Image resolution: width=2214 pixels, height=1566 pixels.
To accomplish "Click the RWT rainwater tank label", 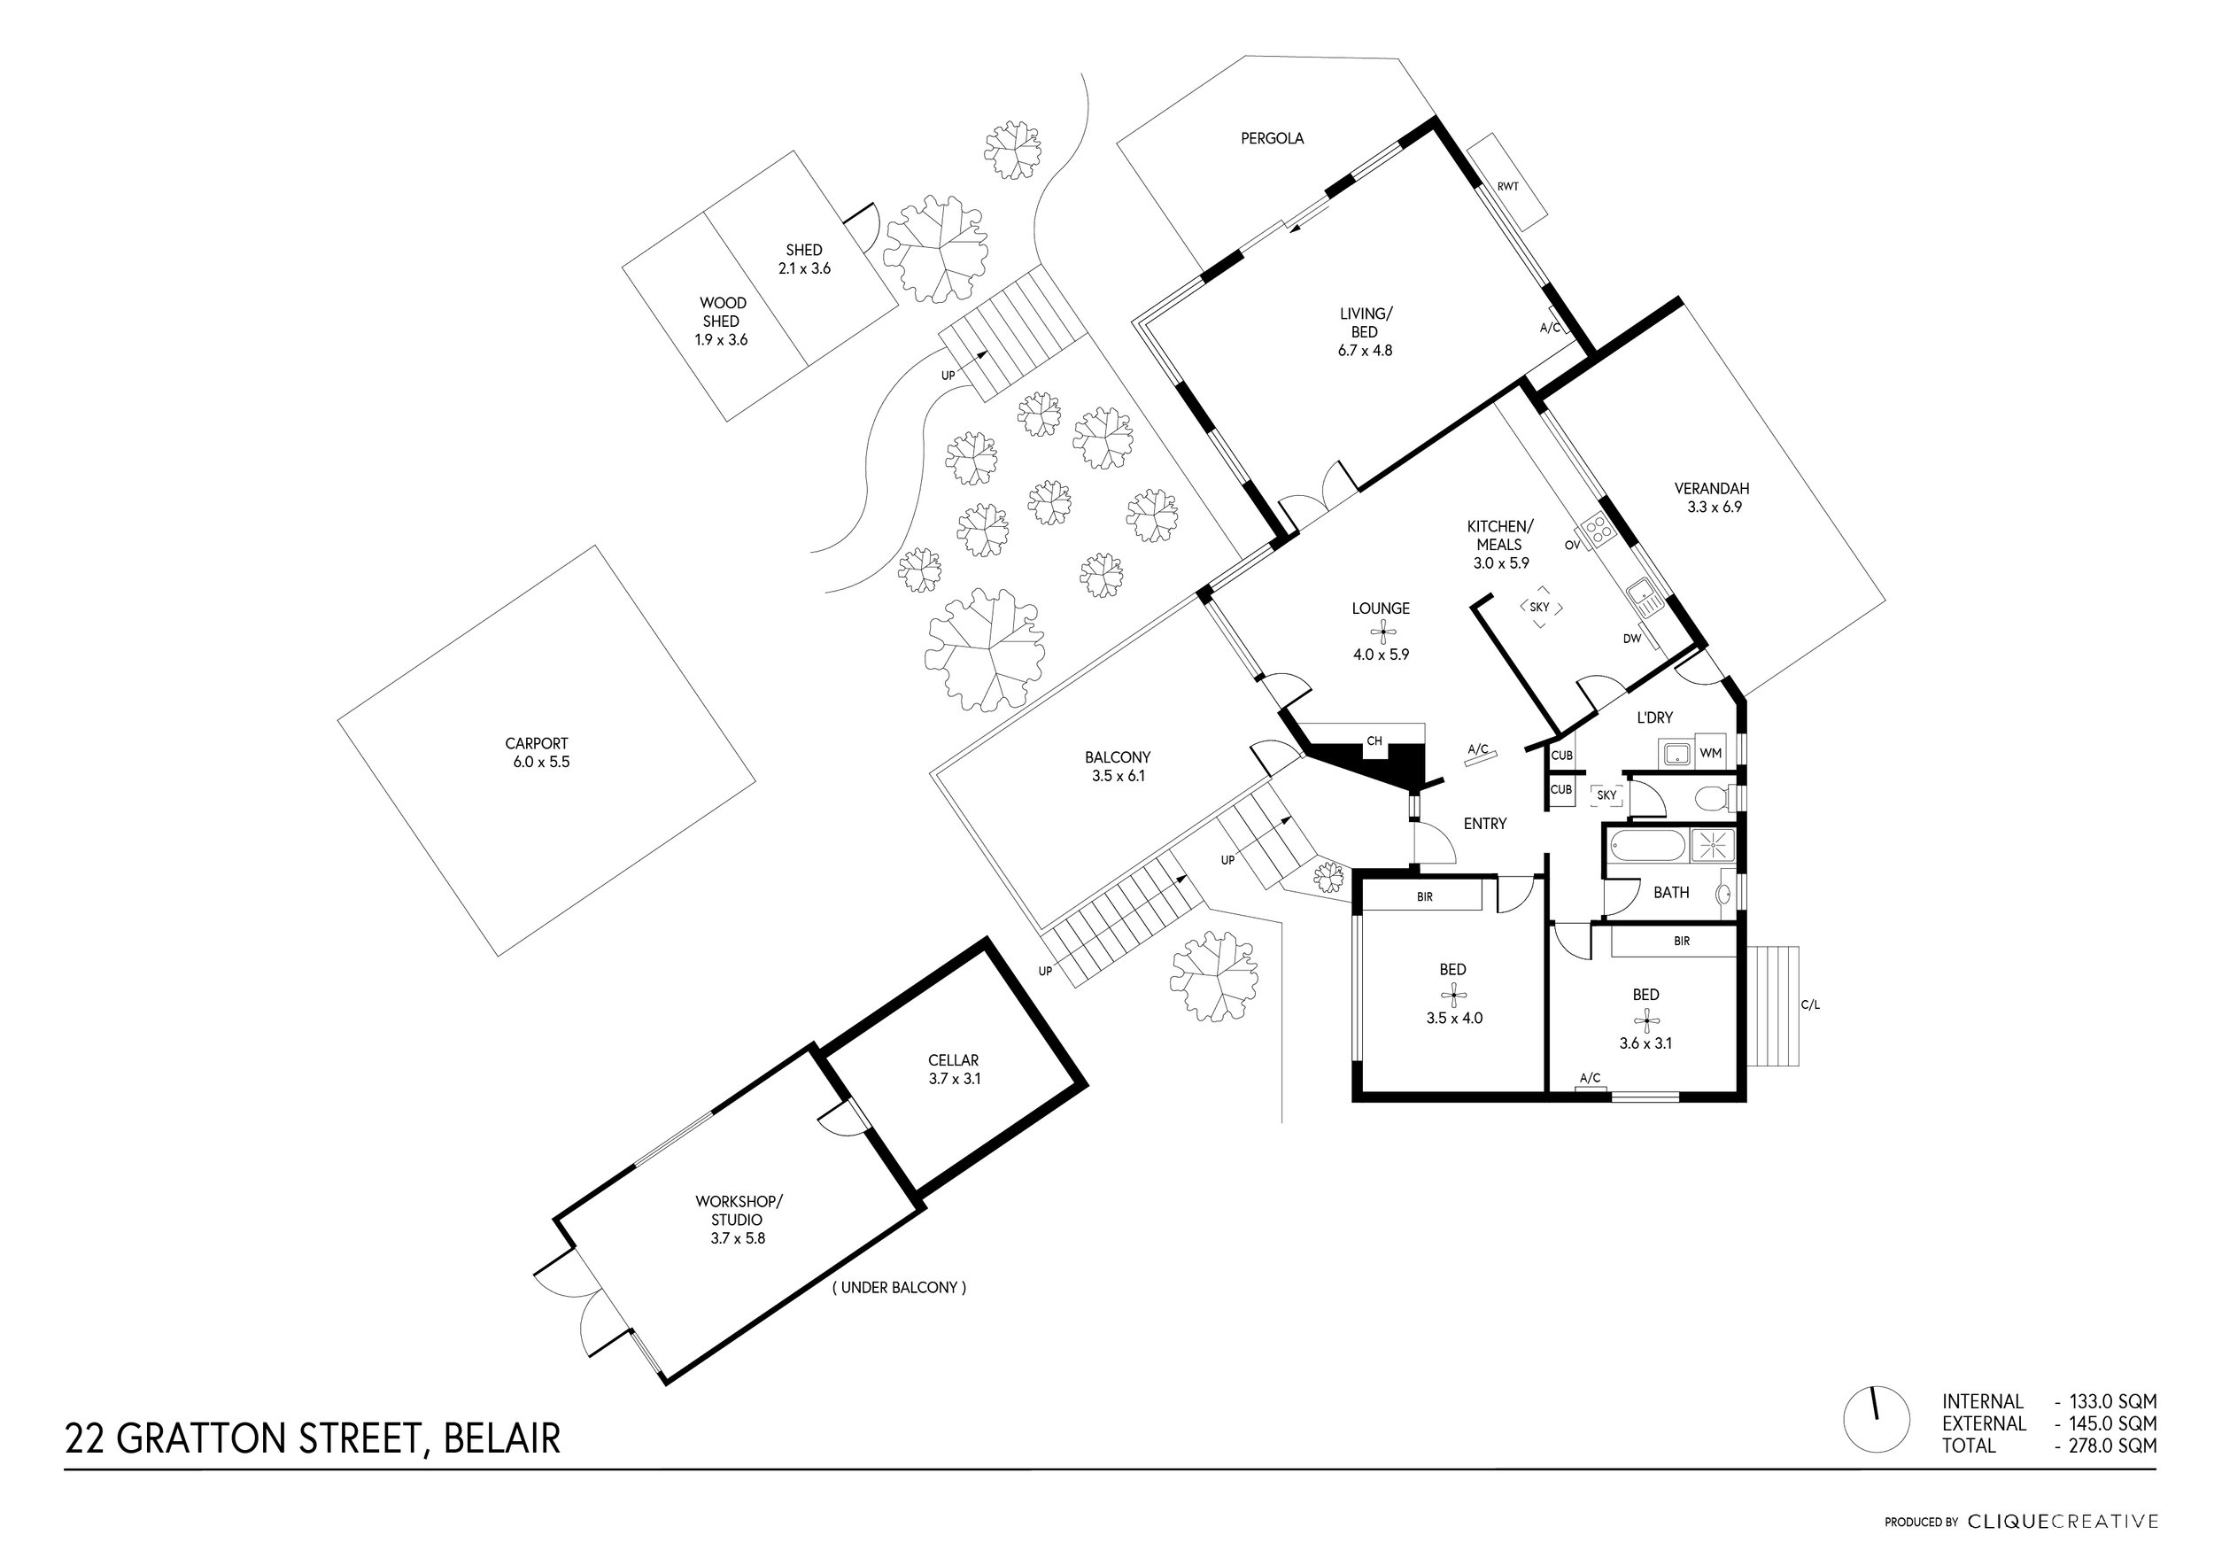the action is pos(1508,186).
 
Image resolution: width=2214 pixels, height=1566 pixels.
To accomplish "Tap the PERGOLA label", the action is pos(1272,139).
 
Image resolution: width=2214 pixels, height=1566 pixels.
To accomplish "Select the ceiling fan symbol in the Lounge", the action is pos(1382,632).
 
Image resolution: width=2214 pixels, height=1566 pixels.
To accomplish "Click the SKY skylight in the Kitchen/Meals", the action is pos(1540,608).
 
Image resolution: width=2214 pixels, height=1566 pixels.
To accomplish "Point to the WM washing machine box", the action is pos(1711,753).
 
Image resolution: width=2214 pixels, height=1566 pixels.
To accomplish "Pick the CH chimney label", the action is pos(1374,741).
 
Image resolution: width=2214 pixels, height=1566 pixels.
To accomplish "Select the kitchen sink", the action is pos(1642,596).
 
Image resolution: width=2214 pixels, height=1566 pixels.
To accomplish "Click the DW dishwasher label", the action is pos(1631,639).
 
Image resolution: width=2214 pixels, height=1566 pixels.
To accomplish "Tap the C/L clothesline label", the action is pos(1810,1004).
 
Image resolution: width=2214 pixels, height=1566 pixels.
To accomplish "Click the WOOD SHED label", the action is pos(723,313).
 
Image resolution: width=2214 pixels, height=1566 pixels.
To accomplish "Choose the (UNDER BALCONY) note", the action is pos(899,1287).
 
